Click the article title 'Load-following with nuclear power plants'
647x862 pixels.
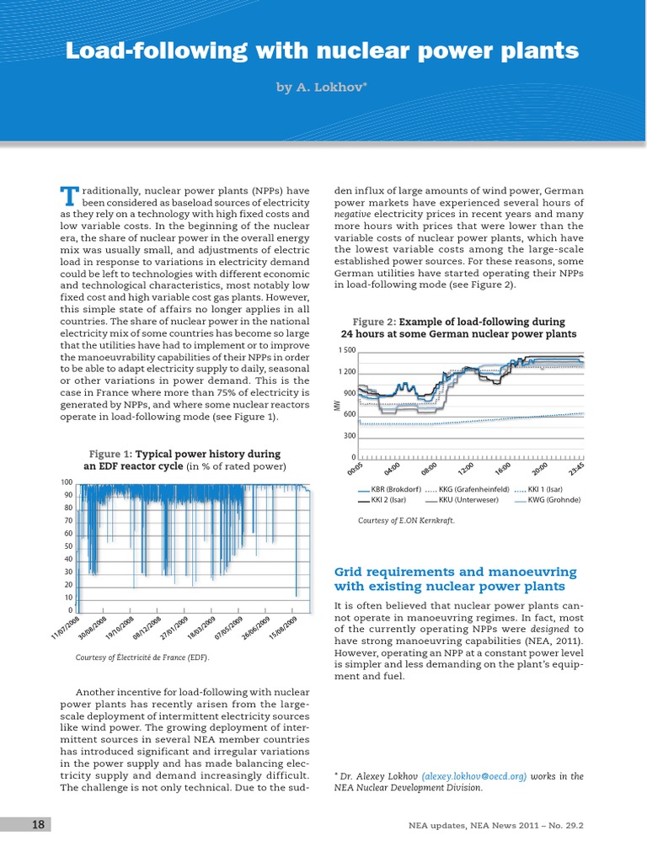(323, 51)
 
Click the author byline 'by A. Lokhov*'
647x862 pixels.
(323, 87)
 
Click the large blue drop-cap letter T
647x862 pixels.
(69, 196)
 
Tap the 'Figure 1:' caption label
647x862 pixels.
(110, 454)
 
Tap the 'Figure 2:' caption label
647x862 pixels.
(374, 322)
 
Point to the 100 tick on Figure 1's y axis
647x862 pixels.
(66, 482)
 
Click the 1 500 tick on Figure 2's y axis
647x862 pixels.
(347, 349)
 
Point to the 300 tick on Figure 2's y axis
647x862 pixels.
(350, 436)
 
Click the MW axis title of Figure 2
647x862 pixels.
(336, 406)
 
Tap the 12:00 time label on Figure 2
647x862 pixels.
(465, 469)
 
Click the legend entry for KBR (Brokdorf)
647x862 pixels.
(389, 489)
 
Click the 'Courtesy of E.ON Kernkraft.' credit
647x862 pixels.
(406, 521)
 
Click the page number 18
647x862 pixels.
(38, 824)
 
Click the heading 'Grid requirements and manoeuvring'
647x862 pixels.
(455, 572)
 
